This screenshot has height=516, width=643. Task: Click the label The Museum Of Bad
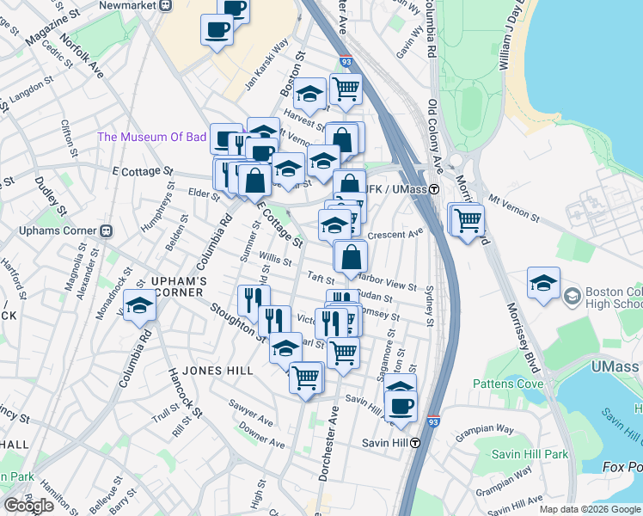[152, 137]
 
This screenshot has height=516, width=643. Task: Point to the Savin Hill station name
[383, 444]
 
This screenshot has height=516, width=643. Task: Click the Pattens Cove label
[505, 384]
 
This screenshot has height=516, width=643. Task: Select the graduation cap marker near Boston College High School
[544, 284]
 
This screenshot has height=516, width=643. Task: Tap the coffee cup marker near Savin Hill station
[401, 405]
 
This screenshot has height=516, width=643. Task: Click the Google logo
[28, 506]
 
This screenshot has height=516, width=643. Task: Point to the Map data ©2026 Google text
[591, 509]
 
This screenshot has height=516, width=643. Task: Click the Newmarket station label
[132, 4]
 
